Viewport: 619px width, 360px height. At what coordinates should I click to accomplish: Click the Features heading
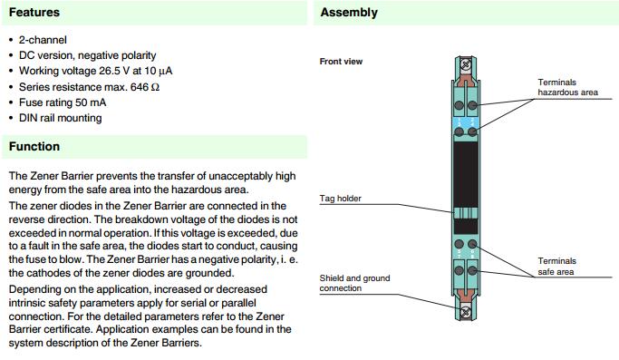[34, 13]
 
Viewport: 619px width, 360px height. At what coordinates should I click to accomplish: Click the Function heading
[34, 147]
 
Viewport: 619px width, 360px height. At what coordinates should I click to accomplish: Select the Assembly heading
[349, 13]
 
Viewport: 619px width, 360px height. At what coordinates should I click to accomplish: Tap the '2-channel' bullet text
[43, 40]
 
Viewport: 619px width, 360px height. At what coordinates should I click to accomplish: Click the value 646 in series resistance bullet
[140, 86]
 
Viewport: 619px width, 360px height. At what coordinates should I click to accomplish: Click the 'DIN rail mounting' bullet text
[61, 118]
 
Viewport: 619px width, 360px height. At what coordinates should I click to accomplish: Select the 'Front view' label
[341, 62]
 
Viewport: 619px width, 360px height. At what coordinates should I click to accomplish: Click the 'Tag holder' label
[340, 199]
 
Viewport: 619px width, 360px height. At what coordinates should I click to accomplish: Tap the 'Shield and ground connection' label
[354, 283]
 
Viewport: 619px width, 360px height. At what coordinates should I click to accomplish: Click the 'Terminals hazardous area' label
[567, 87]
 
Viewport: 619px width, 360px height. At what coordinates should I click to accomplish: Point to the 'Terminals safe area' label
[556, 267]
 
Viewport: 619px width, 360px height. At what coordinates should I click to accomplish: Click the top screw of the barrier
[466, 63]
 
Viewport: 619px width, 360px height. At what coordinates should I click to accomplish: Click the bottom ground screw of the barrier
[466, 312]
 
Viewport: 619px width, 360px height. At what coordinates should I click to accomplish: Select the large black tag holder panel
[466, 174]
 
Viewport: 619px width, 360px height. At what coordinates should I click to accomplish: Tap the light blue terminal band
[466, 123]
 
